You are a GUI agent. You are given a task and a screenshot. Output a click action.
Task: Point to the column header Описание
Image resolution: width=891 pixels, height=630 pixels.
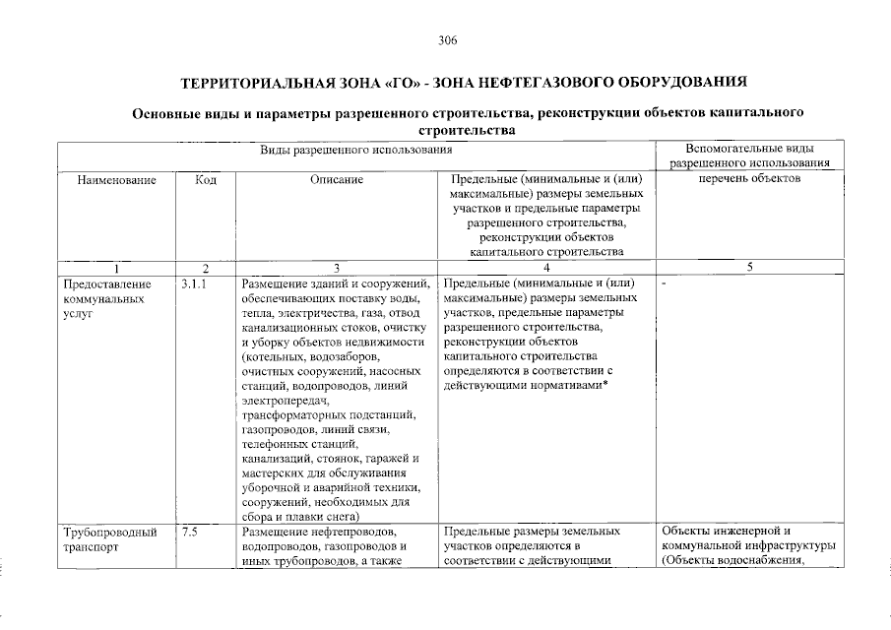pyautogui.click(x=336, y=179)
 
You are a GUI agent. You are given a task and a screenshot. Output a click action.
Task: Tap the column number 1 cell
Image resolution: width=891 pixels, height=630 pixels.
pyautogui.click(x=116, y=268)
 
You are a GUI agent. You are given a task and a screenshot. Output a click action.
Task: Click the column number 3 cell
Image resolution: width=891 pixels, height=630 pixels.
pyautogui.click(x=336, y=268)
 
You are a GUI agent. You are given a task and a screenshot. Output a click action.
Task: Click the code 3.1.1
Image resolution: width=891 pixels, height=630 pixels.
pyautogui.click(x=194, y=284)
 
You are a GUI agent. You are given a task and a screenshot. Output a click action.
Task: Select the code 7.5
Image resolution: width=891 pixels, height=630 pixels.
pyautogui.click(x=190, y=532)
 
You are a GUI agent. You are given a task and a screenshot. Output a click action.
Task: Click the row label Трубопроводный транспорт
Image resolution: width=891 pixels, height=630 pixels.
pyautogui.click(x=109, y=538)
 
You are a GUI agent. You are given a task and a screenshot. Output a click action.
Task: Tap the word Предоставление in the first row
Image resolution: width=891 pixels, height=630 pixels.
pyautogui.click(x=106, y=284)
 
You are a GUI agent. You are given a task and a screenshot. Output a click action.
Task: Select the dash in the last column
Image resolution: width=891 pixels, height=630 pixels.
pyautogui.click(x=666, y=284)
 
